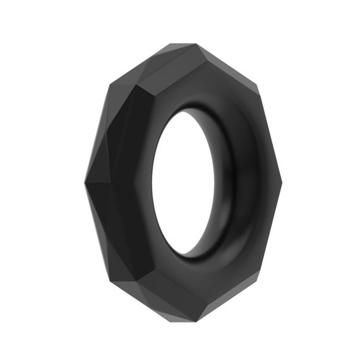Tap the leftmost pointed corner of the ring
tap(85, 183)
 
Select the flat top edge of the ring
tap(183, 45)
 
